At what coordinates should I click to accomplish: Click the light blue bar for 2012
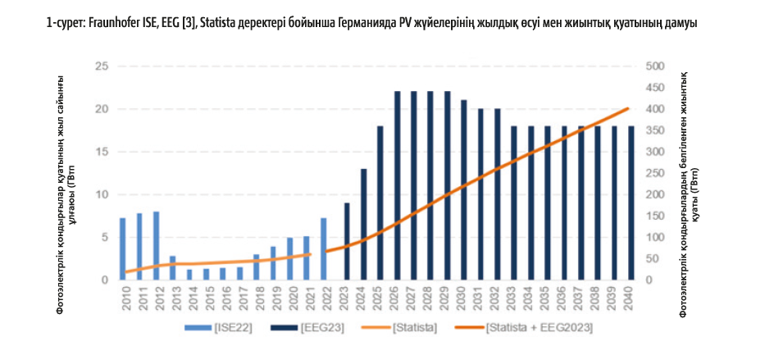coord(156,246)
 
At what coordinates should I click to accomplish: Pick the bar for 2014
coord(189,275)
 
